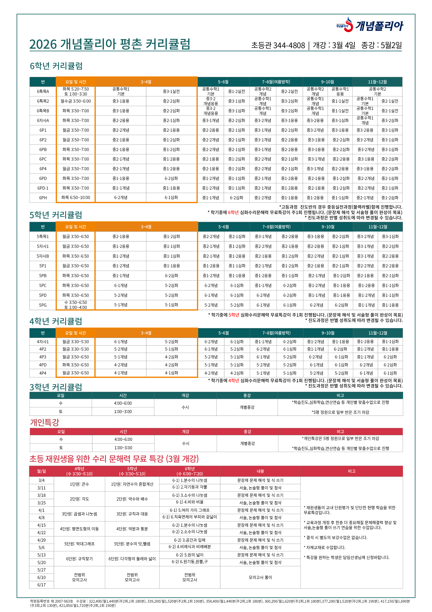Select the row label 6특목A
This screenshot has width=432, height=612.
coord(43,91)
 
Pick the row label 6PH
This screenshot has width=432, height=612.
coord(43,198)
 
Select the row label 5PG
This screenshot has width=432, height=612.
coord(43,305)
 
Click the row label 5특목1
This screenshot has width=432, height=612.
coord(43,236)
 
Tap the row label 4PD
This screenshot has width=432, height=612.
coord(43,365)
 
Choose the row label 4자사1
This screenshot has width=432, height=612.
coord(43,342)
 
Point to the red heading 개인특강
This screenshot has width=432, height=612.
coord(45,423)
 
